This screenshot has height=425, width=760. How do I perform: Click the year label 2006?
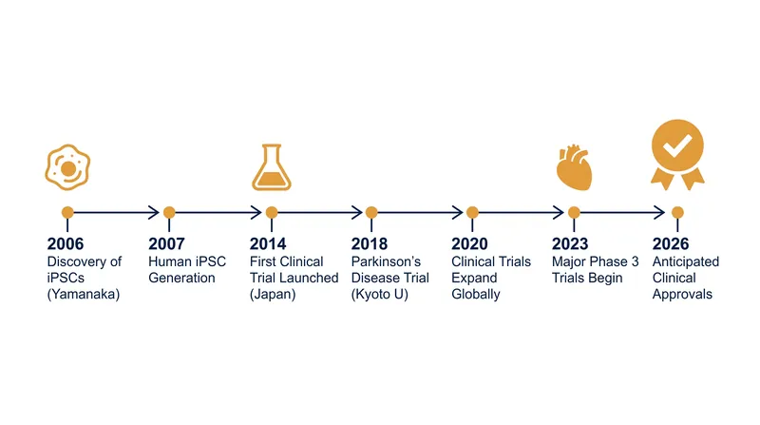pos(66,243)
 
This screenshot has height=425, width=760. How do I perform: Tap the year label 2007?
pos(167,243)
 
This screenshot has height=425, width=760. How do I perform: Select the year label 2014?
pos(268,243)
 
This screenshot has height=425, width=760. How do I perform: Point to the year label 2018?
pos(370,243)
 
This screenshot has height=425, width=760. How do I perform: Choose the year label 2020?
pos(469,243)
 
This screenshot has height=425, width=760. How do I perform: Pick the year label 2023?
pos(570,243)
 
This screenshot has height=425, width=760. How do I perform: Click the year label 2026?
pos(671,243)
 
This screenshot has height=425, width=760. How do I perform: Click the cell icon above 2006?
pos(67,167)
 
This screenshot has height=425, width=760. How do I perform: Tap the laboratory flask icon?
pos(272,167)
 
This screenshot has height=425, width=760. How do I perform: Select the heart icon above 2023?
pos(575,167)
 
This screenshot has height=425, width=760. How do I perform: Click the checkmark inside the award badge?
pos(677,146)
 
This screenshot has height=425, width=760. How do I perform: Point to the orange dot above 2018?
pos(371,213)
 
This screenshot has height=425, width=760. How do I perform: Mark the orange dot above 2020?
pos(472,213)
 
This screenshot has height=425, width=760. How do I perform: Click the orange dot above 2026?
pos(677,213)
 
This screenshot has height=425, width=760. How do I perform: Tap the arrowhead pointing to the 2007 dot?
pos(154,213)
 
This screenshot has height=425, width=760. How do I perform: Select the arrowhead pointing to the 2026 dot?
pos(659,213)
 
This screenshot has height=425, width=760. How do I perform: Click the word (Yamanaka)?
pos(84,295)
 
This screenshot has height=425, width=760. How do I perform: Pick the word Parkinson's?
pos(386,261)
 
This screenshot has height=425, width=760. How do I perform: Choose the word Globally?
pos(476,295)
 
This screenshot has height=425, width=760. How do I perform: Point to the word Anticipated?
pos(686,262)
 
